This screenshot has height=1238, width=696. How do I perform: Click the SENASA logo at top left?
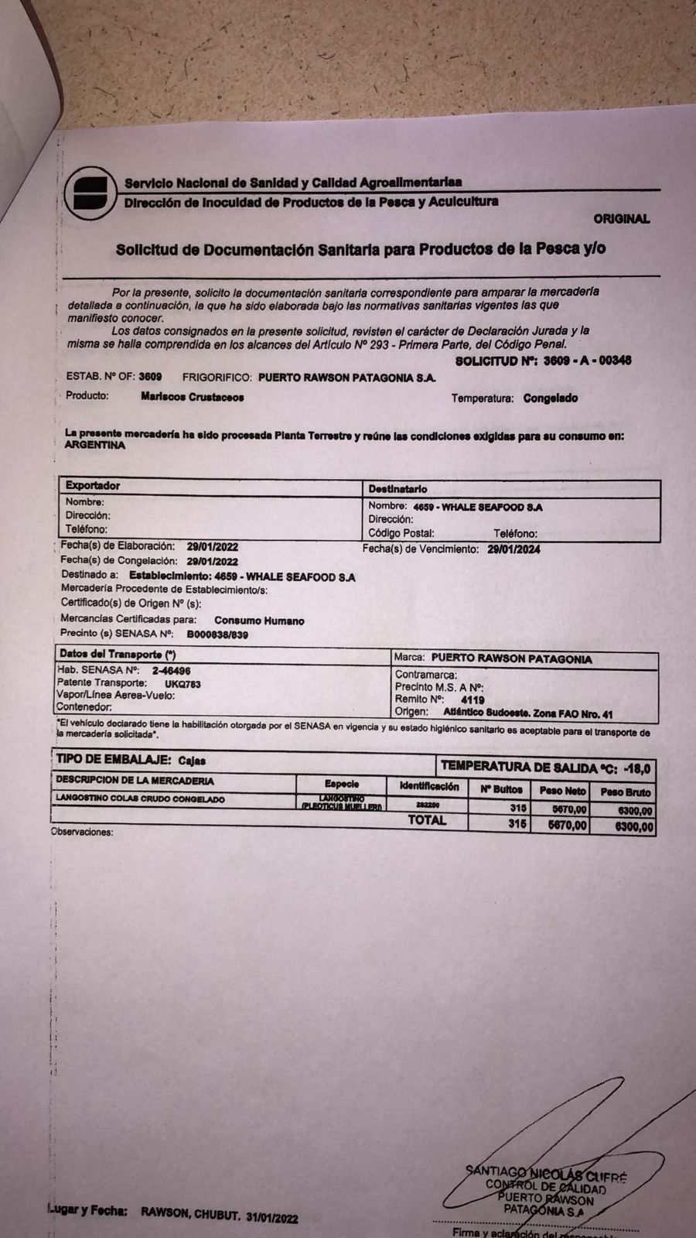point(90,193)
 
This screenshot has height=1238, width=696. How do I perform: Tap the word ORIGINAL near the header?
point(621,219)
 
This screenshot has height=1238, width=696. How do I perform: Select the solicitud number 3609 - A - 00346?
point(587,361)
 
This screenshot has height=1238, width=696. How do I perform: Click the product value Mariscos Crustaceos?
point(193,397)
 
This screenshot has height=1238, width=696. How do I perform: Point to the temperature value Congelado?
point(550,398)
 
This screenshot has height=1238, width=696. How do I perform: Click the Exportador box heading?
point(93,486)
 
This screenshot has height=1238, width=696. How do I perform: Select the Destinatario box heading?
point(397,489)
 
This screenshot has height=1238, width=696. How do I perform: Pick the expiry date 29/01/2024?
point(513,549)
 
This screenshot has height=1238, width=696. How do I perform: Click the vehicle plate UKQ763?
point(183,684)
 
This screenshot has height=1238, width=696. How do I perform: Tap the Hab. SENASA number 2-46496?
point(171,671)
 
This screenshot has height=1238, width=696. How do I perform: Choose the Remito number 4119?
point(472,700)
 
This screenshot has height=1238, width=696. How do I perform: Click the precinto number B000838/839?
point(217,634)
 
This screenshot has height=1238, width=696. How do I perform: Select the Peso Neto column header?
point(562,791)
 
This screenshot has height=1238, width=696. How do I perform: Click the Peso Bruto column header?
point(625,792)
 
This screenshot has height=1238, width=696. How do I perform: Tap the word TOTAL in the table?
point(427,820)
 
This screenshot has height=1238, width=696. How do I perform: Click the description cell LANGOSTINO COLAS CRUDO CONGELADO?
point(140,799)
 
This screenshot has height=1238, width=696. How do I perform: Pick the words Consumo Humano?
point(259,621)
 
